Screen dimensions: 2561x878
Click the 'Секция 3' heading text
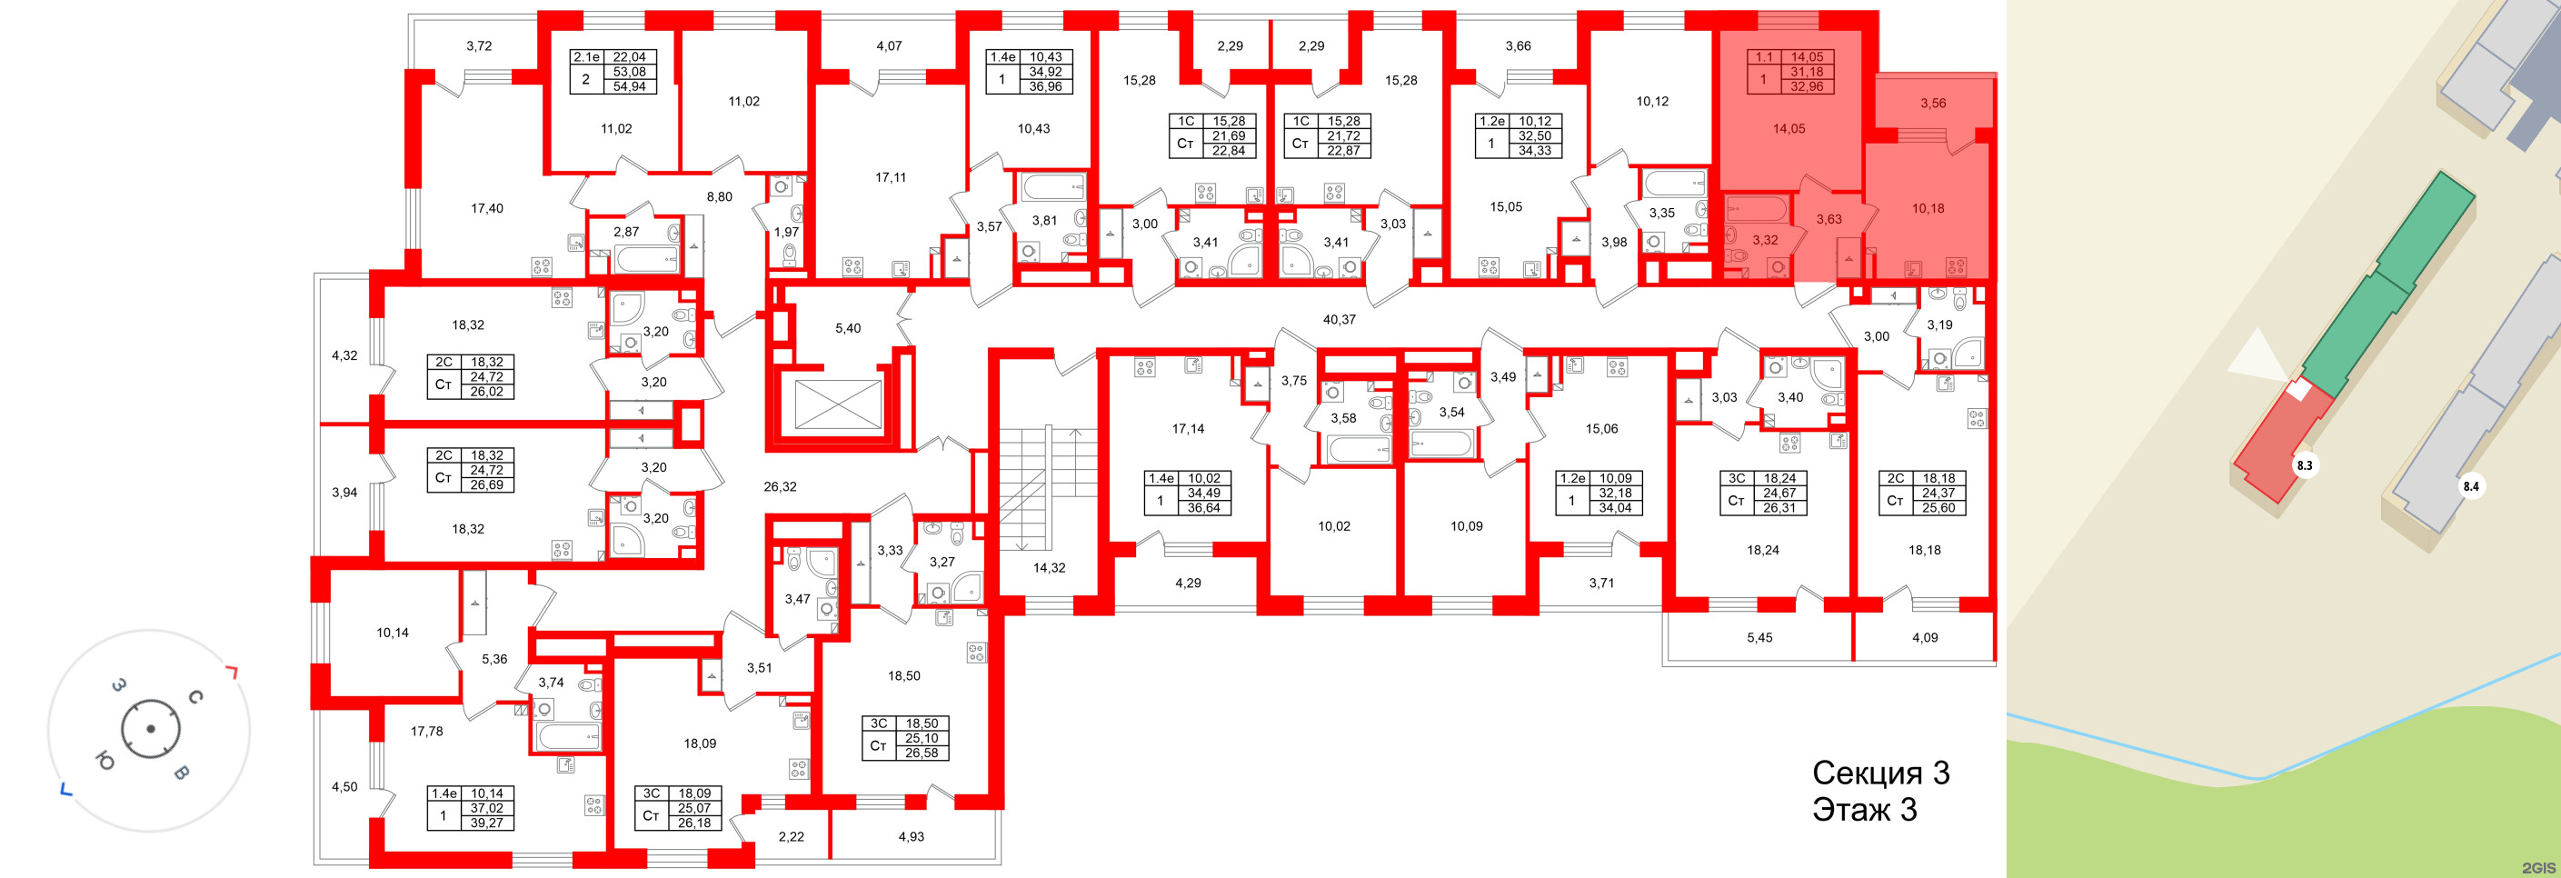[1880, 773]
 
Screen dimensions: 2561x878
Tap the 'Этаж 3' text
[1864, 810]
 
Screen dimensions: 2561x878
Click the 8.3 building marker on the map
[2304, 464]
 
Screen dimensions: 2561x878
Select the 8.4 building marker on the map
[2470, 486]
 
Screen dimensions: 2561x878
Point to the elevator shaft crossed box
[837, 404]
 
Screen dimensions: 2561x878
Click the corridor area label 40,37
[1340, 319]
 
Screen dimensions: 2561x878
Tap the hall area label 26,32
[780, 486]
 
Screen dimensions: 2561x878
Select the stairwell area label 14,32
[1049, 568]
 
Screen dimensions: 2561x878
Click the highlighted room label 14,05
[1789, 128]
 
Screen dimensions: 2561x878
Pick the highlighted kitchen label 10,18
[1928, 208]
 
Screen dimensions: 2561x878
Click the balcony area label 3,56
[1933, 103]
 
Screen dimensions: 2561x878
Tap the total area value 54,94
[629, 86]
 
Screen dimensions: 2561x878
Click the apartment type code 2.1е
[585, 56]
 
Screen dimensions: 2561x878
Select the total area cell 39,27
[486, 823]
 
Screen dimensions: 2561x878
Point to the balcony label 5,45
[1759, 637]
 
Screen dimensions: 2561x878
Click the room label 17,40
[486, 208]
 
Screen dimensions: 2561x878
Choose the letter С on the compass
[196, 697]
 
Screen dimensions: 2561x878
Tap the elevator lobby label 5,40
[847, 328]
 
